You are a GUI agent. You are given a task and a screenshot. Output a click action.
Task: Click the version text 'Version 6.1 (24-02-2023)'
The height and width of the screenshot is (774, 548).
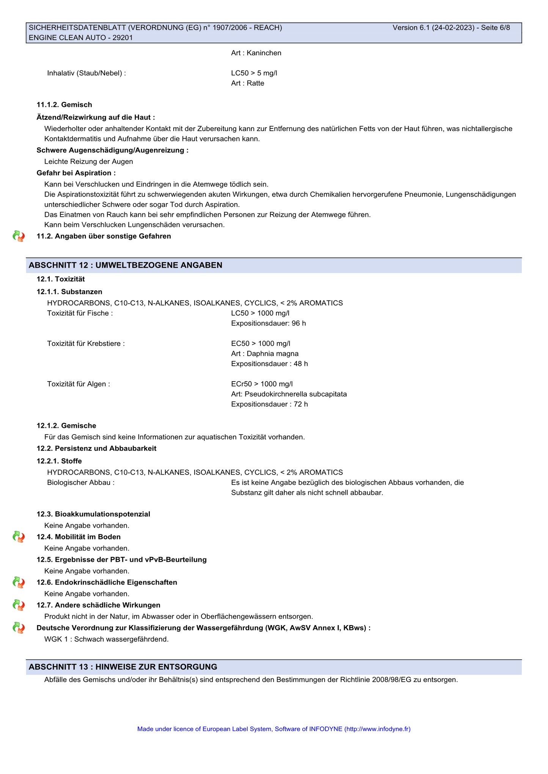[433, 28]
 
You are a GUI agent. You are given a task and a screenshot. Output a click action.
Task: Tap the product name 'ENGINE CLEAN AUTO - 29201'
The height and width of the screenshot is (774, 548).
[81, 38]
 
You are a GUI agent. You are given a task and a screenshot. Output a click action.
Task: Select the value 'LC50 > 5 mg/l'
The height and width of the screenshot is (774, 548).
[254, 73]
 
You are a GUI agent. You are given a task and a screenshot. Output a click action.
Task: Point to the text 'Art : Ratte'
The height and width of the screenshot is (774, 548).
[248, 83]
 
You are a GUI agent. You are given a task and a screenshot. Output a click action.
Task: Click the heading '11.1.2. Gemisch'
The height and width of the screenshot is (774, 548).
[64, 105]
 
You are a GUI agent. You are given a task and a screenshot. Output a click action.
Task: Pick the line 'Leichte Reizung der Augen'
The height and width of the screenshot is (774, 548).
[89, 162]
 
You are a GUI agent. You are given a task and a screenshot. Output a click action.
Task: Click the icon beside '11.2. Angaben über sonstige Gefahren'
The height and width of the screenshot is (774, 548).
[19, 236]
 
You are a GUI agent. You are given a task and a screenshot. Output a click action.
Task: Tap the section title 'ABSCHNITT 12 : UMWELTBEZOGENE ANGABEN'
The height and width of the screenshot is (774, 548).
[126, 265]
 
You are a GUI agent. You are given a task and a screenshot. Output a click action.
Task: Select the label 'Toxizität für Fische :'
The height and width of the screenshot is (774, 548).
[80, 313]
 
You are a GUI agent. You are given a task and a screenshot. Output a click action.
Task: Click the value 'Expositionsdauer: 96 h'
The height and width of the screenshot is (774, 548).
[269, 324]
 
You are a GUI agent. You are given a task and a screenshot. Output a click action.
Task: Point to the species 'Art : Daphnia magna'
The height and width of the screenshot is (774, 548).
[265, 354]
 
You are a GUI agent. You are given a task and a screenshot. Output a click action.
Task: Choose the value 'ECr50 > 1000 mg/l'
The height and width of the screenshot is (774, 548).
[262, 384]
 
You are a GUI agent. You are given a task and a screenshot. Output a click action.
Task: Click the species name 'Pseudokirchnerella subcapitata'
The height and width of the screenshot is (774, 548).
[296, 394]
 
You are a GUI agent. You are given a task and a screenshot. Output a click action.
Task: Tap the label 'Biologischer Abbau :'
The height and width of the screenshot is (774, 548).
[81, 483]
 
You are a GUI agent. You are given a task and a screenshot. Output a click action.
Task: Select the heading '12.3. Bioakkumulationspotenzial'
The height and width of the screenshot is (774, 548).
[93, 514]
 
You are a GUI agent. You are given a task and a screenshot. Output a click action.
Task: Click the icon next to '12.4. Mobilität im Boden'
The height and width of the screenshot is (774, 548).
[19, 537]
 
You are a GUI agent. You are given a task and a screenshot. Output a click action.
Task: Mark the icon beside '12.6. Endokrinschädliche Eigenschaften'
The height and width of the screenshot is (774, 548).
[19, 582]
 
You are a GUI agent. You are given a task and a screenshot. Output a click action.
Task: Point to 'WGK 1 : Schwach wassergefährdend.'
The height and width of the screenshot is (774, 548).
[107, 640]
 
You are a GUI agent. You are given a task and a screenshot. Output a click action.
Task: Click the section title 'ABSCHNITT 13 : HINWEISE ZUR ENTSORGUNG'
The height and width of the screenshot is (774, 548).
[123, 667]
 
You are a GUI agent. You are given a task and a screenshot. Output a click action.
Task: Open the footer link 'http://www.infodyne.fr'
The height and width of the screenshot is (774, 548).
[377, 729]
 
